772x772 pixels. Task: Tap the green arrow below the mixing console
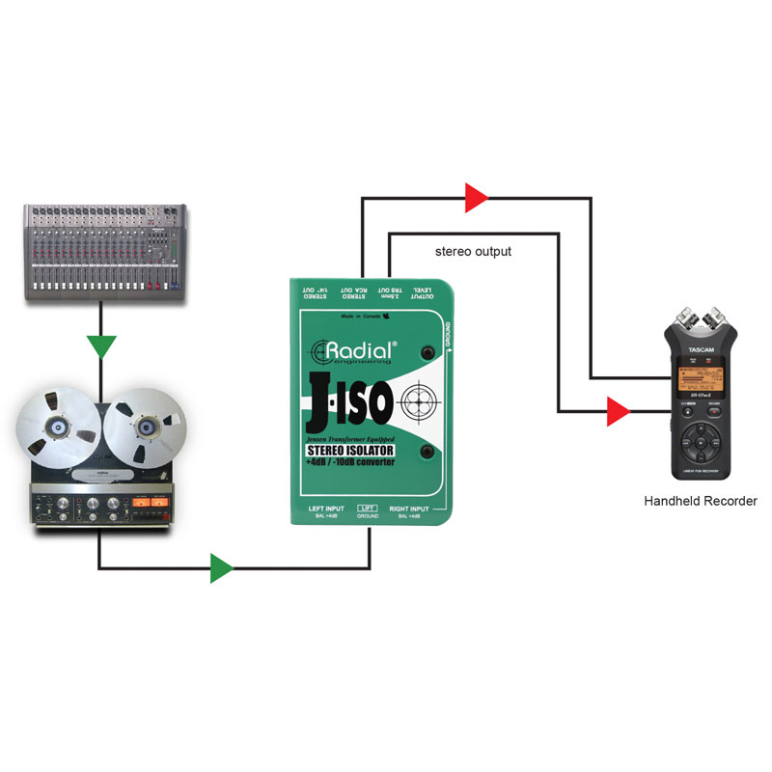click(x=100, y=345)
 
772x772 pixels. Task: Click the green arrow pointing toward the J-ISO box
click(x=222, y=568)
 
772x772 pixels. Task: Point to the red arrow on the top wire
click(x=476, y=198)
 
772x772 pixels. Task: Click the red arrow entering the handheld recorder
click(x=617, y=413)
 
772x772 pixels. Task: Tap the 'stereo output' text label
click(x=473, y=252)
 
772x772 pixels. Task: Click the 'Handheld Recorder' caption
click(x=700, y=501)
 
